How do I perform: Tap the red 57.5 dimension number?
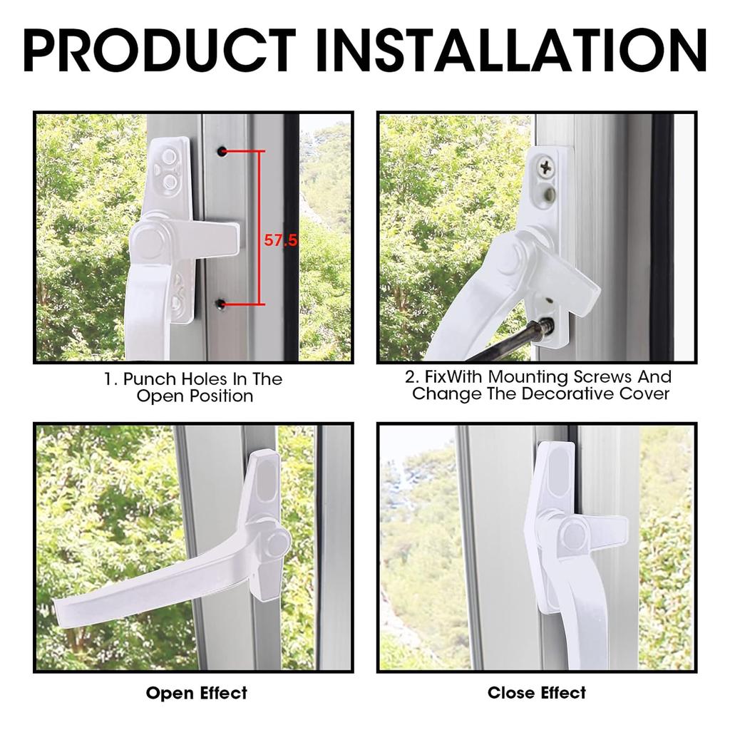[280, 241]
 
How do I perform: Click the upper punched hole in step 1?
[222, 151]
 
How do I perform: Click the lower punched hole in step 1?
[221, 305]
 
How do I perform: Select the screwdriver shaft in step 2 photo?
[509, 342]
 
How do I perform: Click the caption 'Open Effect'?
[196, 693]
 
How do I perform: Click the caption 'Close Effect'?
[536, 693]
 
